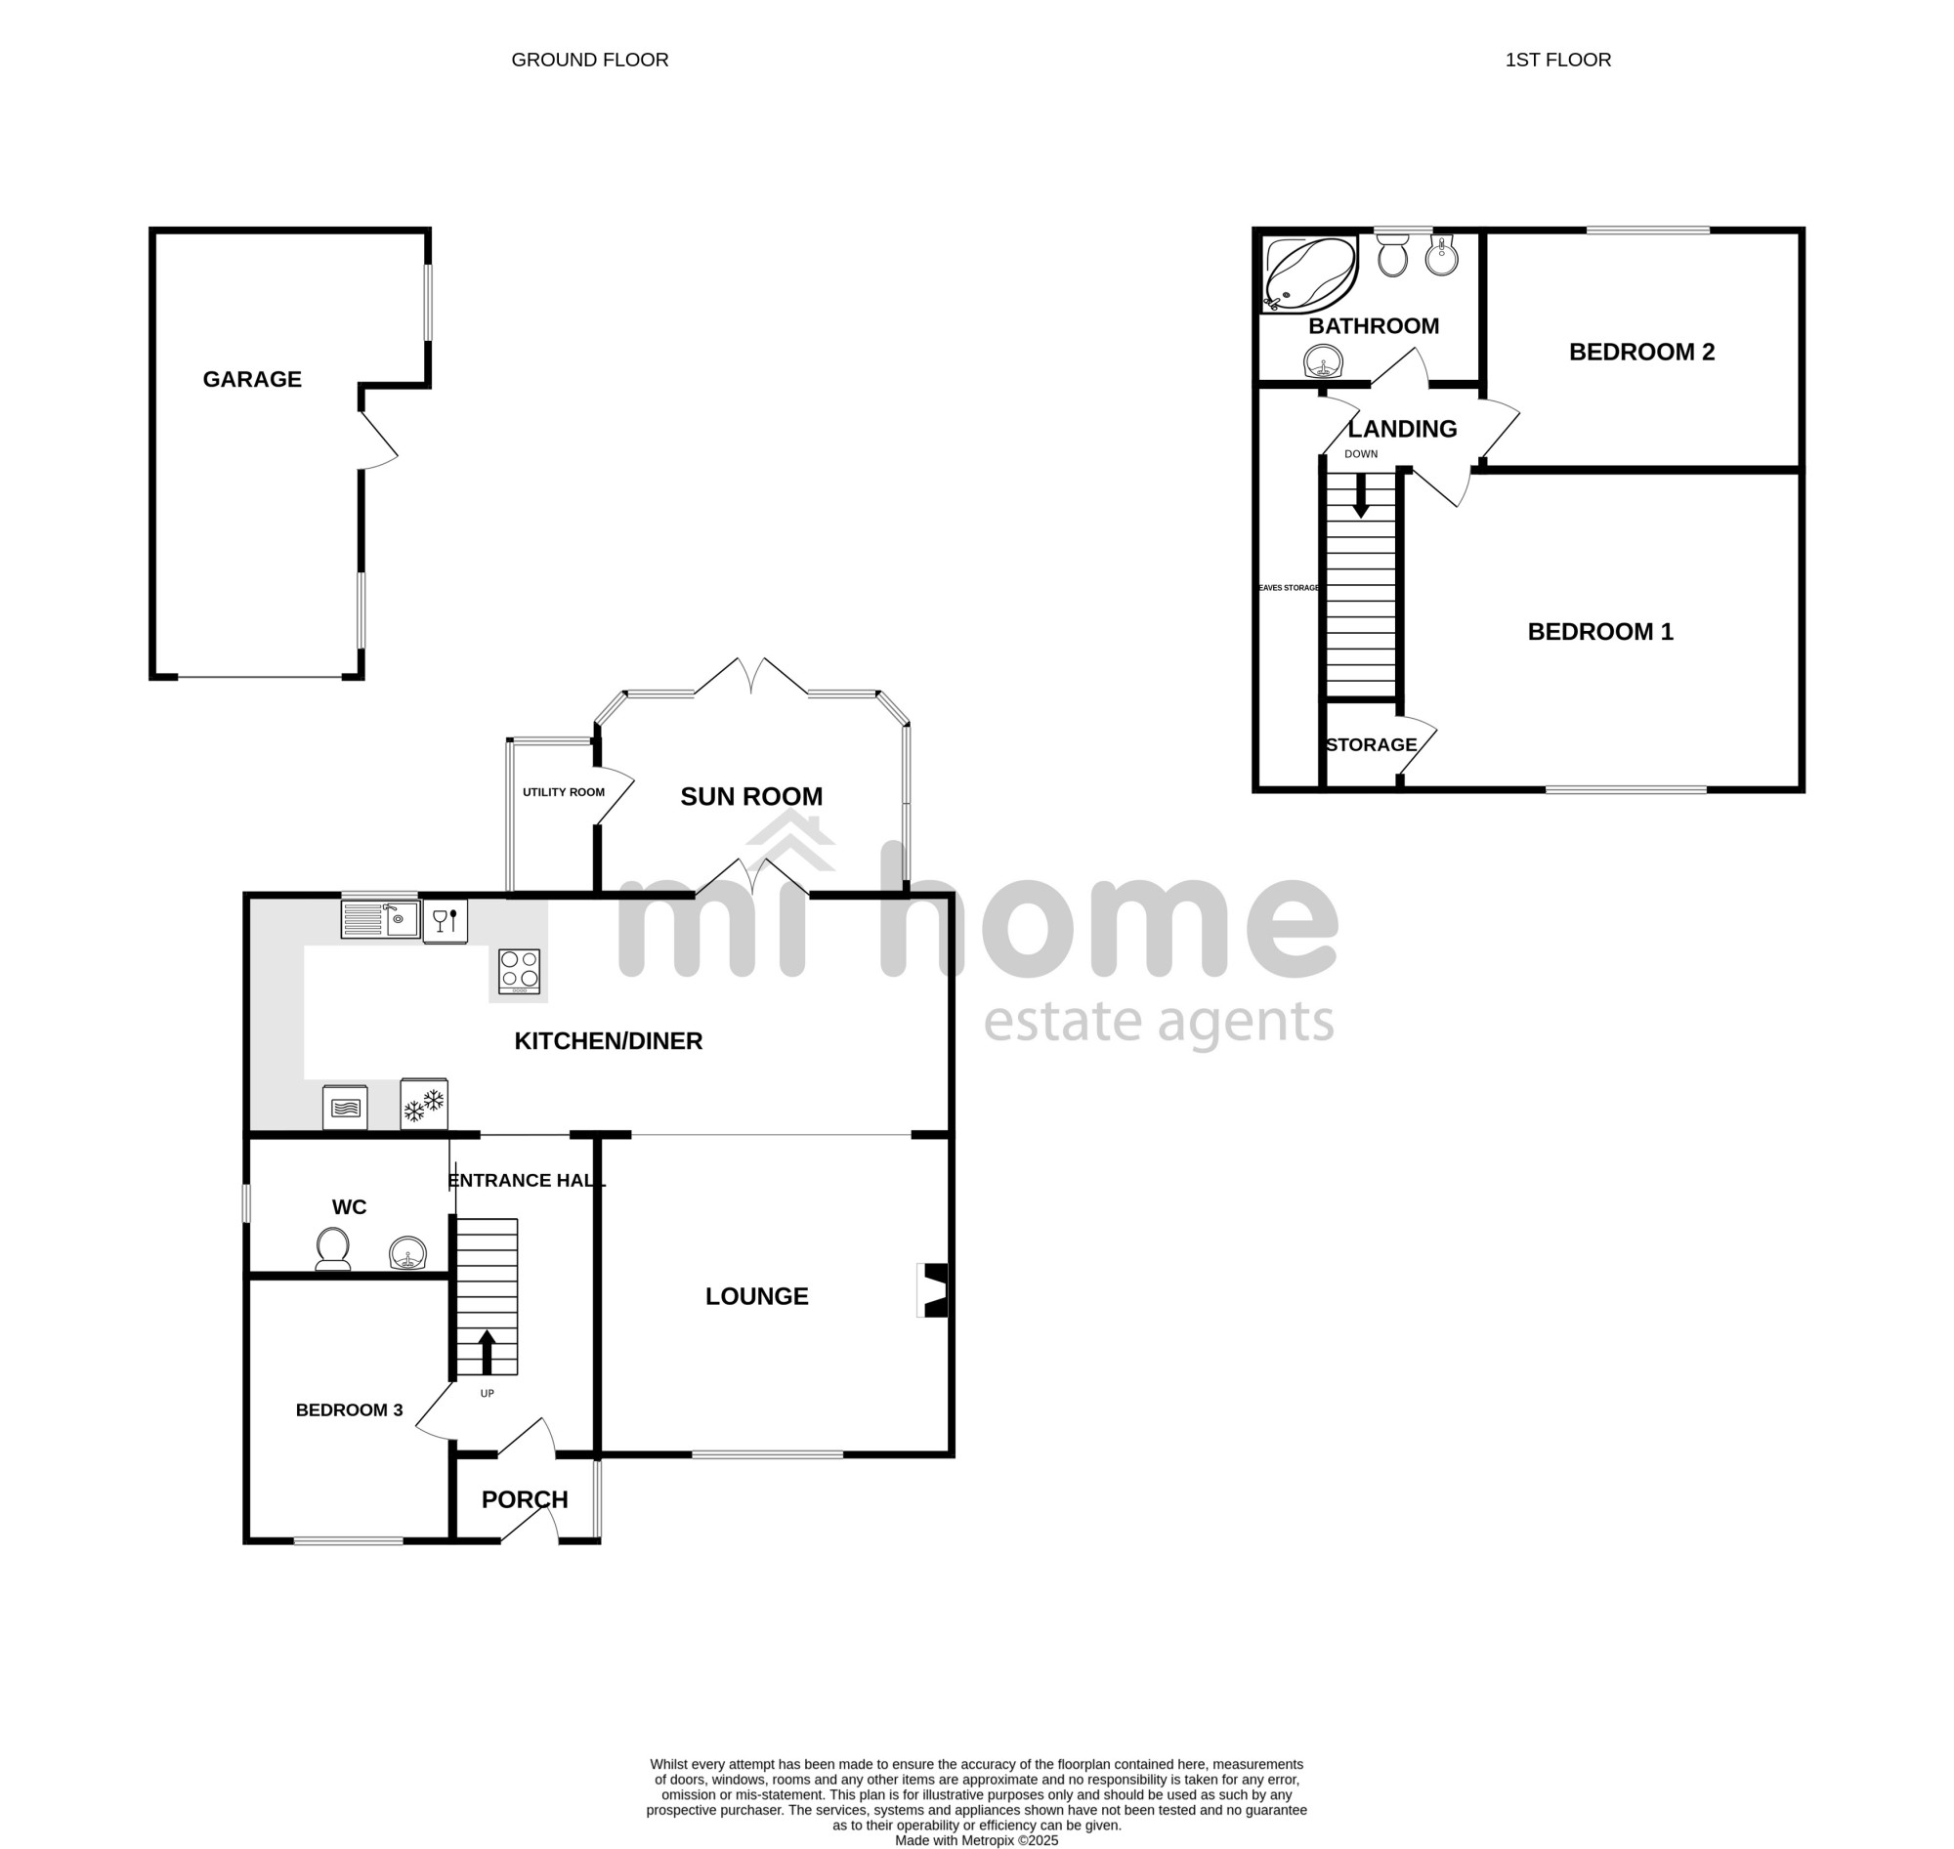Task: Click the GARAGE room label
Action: (x=251, y=379)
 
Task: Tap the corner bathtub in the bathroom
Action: (x=1309, y=274)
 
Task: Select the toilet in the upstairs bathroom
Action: (x=1392, y=255)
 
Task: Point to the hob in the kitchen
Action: (x=519, y=971)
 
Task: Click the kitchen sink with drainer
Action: (x=381, y=919)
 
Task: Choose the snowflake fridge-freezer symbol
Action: (x=424, y=1104)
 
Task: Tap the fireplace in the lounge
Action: (x=933, y=1290)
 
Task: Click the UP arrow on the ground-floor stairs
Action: (x=486, y=1352)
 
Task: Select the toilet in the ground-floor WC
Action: (x=332, y=1249)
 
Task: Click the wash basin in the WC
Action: (x=407, y=1254)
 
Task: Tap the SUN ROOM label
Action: (x=751, y=796)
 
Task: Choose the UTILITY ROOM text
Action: (x=564, y=792)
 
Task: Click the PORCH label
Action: (x=525, y=1499)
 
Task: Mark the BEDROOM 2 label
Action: (x=1641, y=352)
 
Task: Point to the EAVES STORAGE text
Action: (x=1289, y=587)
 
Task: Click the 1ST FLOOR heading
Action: (x=1557, y=61)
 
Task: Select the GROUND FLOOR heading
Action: (x=589, y=61)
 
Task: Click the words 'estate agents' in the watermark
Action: (x=1159, y=1024)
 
